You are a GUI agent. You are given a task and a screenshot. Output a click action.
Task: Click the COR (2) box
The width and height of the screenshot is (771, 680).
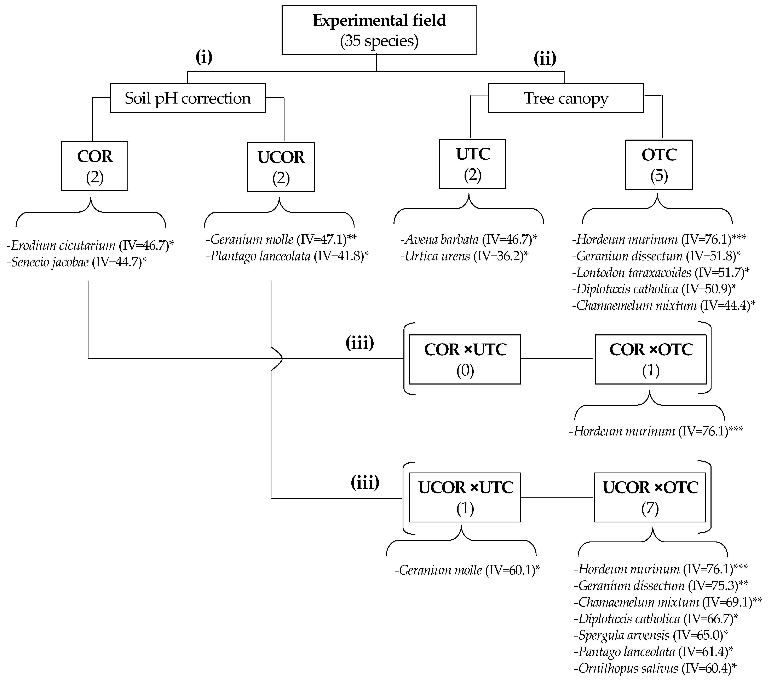pos(94,166)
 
